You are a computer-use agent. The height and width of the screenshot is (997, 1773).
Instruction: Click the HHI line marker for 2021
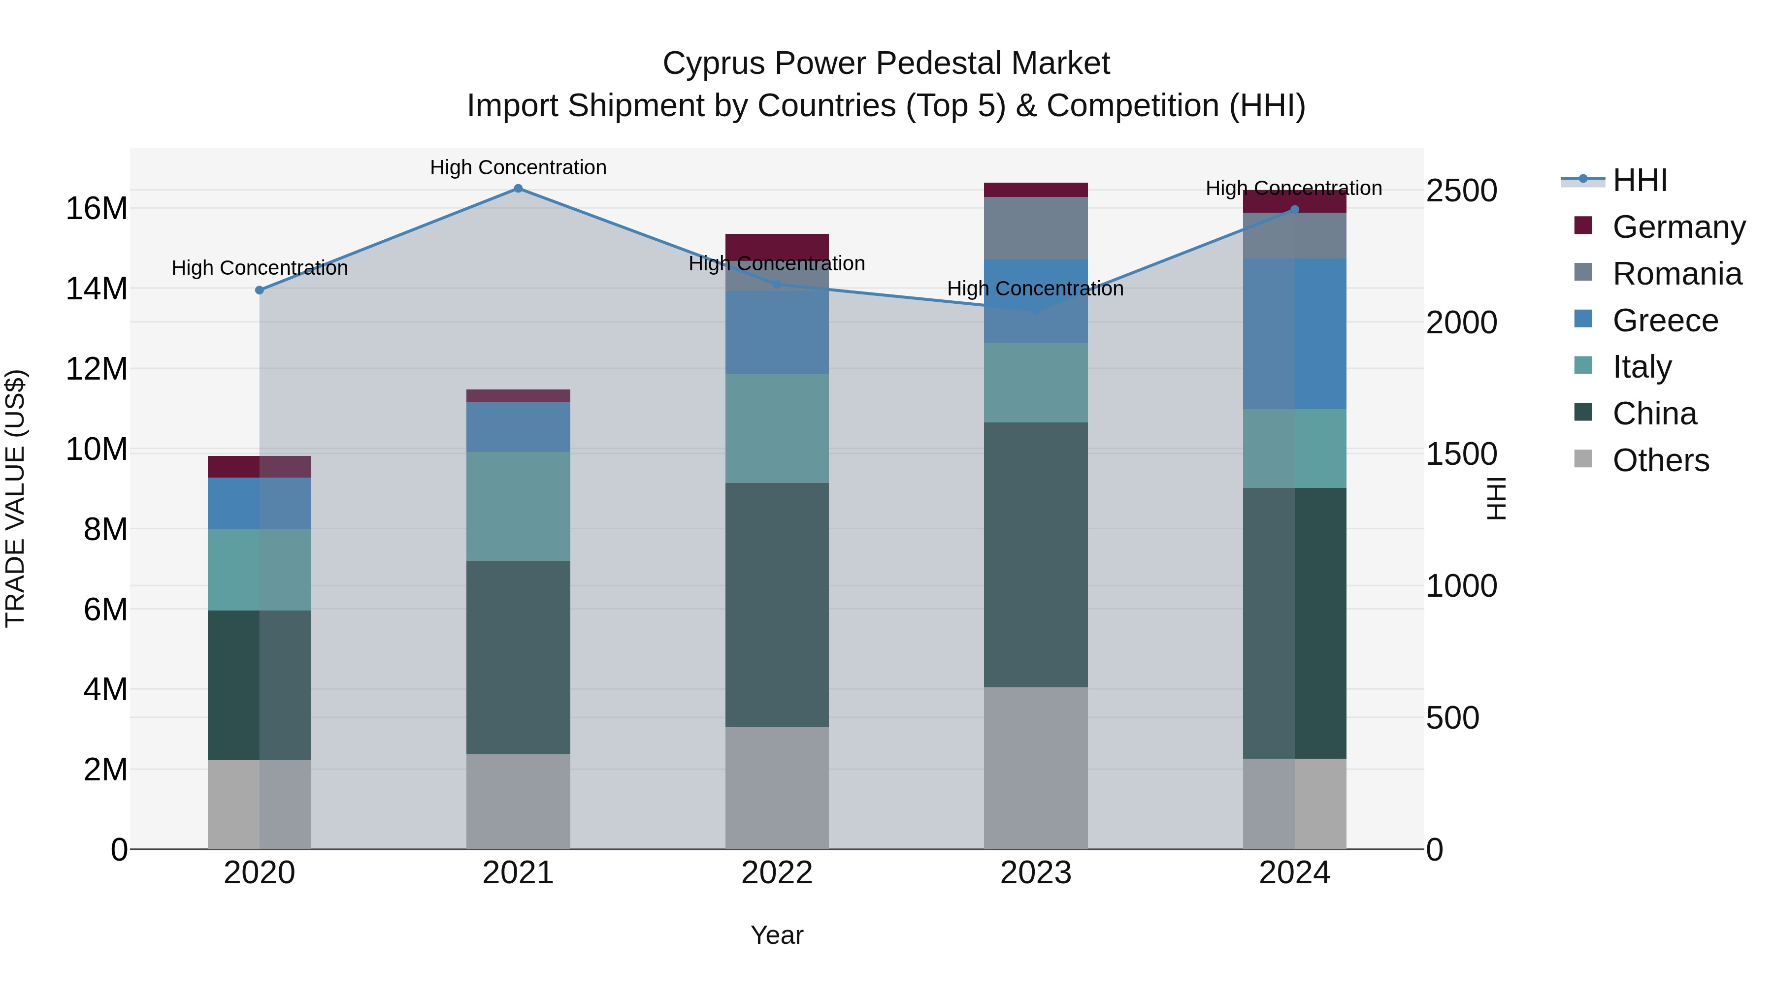[518, 189]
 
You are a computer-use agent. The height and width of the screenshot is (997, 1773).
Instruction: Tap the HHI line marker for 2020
[260, 290]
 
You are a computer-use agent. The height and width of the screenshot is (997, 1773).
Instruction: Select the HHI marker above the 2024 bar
[1295, 210]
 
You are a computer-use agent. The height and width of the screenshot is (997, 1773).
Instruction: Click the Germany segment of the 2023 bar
[1035, 190]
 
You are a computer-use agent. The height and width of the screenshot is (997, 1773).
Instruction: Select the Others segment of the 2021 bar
[518, 801]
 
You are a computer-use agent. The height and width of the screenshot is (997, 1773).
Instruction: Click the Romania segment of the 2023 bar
[1035, 228]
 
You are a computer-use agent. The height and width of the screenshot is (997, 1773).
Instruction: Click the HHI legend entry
[1640, 180]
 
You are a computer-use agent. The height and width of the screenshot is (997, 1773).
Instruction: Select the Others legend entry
[1660, 460]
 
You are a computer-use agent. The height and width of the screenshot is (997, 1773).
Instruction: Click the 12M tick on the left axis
[97, 369]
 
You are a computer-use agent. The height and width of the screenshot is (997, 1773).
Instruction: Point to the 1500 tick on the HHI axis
[1461, 454]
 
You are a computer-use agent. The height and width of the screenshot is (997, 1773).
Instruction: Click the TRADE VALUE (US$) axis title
[15, 498]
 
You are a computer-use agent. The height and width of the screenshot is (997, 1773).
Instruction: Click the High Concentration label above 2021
[518, 167]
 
